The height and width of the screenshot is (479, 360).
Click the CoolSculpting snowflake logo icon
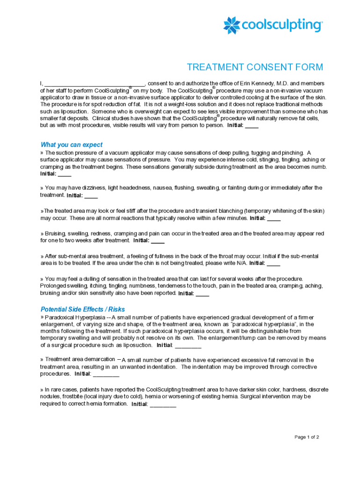[x=232, y=25]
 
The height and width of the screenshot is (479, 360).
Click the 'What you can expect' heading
[x=72, y=145]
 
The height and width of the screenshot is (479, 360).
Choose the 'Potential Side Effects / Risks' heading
[x=83, y=309]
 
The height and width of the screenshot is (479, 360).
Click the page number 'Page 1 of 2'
[x=307, y=437]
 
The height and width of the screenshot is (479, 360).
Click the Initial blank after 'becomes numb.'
[x=65, y=174]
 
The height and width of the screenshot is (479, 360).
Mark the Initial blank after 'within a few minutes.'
[x=274, y=219]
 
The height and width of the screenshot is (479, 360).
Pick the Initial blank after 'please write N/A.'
[x=274, y=264]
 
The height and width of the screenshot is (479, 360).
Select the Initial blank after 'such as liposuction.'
[x=188, y=346]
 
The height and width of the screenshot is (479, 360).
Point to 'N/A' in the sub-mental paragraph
[x=241, y=263]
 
